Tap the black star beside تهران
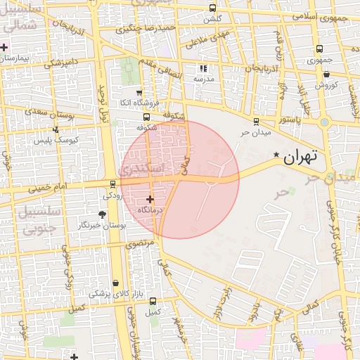(276, 155)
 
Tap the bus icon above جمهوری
(320, 49)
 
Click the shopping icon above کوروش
(326, 75)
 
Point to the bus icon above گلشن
(212, 8)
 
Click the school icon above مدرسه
(204, 69)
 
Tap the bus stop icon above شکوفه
(146, 117)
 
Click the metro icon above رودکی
(112, 184)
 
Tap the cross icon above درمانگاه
(150, 200)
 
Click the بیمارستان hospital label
(16, 58)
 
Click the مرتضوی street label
(139, 243)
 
